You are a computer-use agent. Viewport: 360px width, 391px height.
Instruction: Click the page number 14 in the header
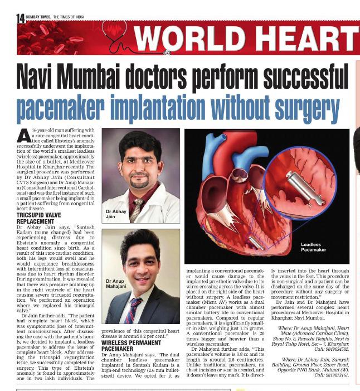tap(21, 18)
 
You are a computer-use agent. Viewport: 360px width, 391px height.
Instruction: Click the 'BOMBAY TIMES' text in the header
tap(38, 17)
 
